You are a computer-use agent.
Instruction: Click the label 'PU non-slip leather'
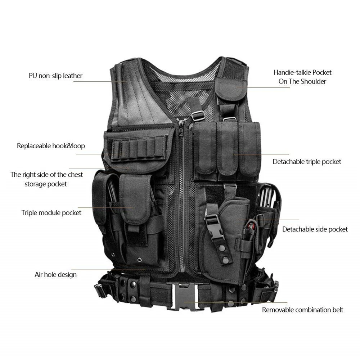(x=55, y=76)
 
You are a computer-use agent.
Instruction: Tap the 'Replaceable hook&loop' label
(x=51, y=146)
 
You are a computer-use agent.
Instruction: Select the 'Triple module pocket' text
(x=51, y=213)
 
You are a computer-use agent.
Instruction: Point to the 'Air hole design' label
(x=55, y=275)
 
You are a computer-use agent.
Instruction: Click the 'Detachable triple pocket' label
(x=307, y=162)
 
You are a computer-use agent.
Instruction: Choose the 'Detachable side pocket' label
(x=315, y=229)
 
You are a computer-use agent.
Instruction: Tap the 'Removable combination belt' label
(x=303, y=310)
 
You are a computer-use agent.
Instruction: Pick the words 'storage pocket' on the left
(x=46, y=184)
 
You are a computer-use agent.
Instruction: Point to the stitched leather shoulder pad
(x=138, y=96)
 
